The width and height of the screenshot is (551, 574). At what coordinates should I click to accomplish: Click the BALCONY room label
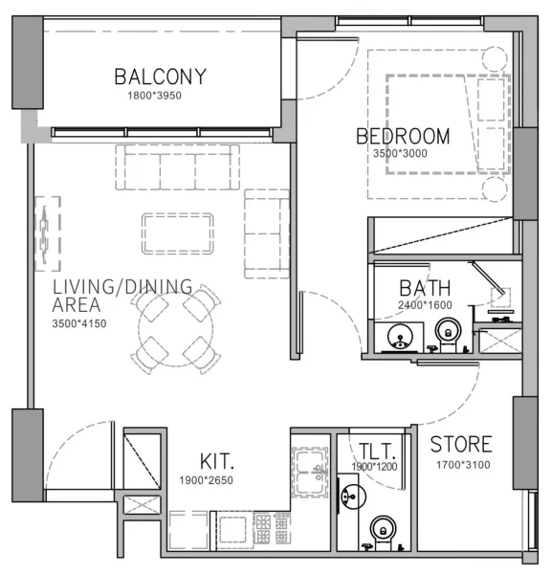(160, 77)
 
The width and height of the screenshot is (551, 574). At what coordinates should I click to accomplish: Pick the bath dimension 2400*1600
(425, 306)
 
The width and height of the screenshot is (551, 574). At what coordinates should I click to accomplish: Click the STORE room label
(461, 445)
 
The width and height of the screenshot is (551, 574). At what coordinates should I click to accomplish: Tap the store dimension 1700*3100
(460, 466)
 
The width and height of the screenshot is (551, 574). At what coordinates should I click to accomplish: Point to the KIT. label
(219, 459)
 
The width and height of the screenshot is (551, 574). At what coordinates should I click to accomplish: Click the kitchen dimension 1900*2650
(206, 480)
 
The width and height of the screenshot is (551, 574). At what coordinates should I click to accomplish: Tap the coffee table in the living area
(178, 232)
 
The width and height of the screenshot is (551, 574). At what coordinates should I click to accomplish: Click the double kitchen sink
(310, 470)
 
